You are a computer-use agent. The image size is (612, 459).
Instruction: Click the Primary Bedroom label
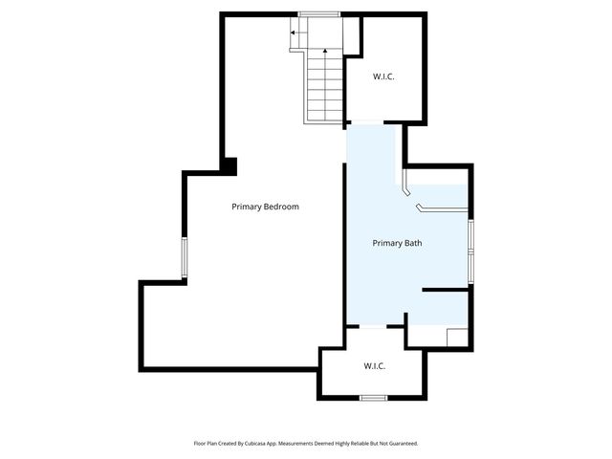pos(265,207)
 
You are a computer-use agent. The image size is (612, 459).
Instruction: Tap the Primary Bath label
pos(397,243)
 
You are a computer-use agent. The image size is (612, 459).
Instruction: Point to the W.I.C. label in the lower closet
pos(375,365)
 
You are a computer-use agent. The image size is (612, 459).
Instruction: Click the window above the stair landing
pos(318,14)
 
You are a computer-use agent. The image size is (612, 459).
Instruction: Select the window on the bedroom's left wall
pos(185,258)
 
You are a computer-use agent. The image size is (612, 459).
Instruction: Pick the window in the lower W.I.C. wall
pos(373,397)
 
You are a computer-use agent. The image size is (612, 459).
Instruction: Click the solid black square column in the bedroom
pos(229,165)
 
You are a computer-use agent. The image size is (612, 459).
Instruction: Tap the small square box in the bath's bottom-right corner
pos(457,338)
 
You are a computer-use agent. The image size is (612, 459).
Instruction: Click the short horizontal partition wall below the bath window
pos(445,289)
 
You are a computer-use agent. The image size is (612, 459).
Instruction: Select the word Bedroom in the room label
pos(282,207)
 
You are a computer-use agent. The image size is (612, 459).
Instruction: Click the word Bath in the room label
pos(413,243)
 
